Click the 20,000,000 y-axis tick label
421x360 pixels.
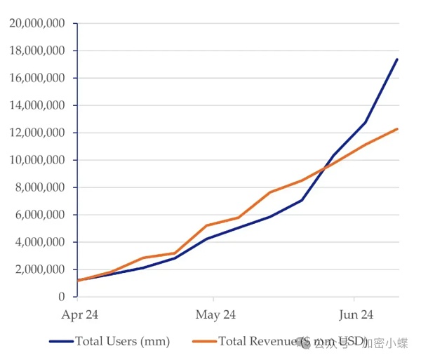pos(38,23)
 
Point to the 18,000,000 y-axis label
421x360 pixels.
pos(38,51)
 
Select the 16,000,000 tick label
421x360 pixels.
pos(38,78)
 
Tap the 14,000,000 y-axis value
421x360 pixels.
pos(38,105)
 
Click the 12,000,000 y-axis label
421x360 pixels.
pos(38,133)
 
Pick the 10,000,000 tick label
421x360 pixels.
pos(38,160)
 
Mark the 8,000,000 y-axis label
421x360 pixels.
pos(41,187)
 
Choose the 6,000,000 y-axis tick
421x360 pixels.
pos(41,215)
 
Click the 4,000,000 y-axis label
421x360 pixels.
pos(41,242)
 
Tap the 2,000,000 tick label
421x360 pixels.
pos(41,269)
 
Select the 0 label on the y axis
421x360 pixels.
pos(62,297)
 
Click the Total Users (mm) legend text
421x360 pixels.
pos(123,342)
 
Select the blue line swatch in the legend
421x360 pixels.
pos(61,342)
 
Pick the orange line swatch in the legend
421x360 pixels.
pos(204,342)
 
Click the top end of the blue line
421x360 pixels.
pos(397,59)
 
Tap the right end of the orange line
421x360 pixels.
pos(398,128)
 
